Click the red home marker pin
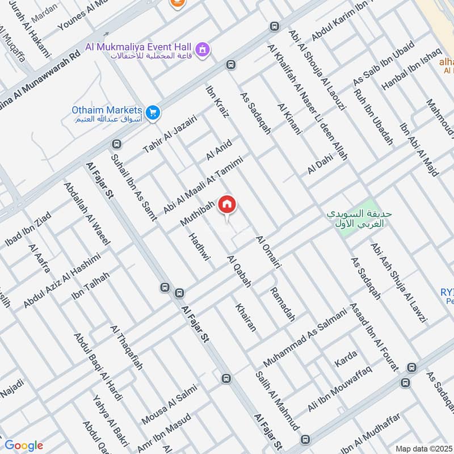[x=227, y=204]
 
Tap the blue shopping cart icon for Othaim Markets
[x=152, y=113]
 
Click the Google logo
[x=23, y=445]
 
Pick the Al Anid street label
[x=219, y=149]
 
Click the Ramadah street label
[x=283, y=304]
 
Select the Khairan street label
[x=246, y=316]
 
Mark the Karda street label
[x=345, y=358]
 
